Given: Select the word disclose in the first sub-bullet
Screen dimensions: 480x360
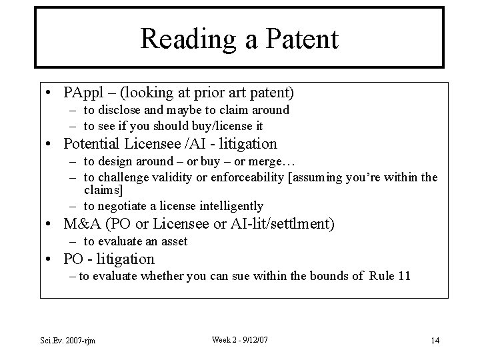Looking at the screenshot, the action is (128, 110).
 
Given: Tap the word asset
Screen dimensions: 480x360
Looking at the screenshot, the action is (173, 241).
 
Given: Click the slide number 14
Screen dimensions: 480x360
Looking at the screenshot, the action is (435, 341).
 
